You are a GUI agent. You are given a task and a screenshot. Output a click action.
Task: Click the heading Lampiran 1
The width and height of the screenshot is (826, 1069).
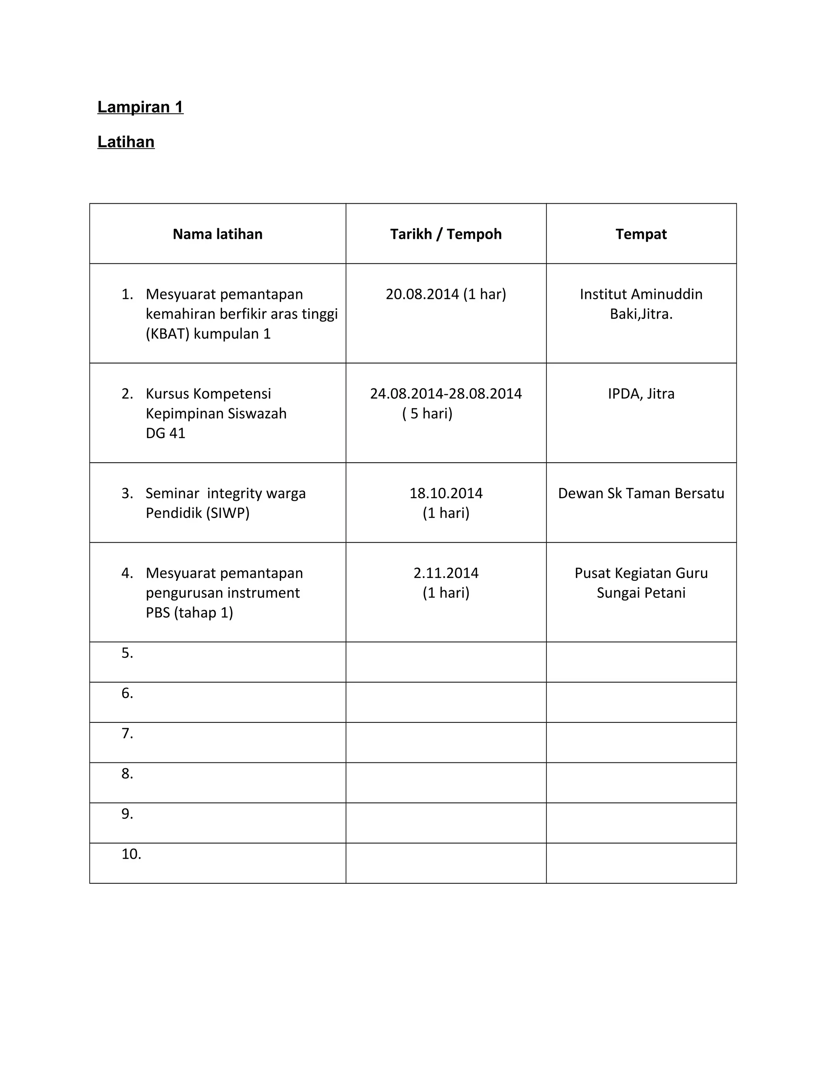140,107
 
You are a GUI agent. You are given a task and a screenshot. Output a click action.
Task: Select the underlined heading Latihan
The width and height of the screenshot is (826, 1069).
126,142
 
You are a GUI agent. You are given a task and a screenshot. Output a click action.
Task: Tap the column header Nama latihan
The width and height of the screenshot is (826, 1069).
217,234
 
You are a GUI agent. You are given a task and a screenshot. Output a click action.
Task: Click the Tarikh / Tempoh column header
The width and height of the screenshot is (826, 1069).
446,234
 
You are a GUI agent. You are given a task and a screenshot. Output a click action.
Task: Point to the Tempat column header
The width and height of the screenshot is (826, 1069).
641,234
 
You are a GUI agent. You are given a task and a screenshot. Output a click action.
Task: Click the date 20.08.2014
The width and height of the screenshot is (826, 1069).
422,294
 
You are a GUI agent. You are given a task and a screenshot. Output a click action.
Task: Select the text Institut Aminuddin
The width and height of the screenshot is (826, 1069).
641,294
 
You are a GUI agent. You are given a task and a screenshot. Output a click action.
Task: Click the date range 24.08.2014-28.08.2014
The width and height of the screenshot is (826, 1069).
446,394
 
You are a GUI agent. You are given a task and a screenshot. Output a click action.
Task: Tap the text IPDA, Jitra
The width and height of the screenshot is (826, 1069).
641,394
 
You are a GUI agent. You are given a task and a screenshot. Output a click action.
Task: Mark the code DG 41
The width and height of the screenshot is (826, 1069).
165,433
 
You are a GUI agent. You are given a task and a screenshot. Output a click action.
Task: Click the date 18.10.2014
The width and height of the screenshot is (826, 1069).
446,493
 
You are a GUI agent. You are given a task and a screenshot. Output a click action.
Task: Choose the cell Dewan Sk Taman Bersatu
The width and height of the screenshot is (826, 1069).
641,493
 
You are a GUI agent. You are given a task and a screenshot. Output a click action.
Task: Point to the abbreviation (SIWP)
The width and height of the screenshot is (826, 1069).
227,513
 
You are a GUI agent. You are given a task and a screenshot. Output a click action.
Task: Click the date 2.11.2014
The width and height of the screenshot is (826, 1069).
446,573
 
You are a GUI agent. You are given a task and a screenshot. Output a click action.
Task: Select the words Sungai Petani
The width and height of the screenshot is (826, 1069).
641,593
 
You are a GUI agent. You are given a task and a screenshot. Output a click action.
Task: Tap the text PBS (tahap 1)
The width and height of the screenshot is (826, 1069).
190,613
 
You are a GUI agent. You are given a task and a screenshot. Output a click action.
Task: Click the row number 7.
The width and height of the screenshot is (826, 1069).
127,733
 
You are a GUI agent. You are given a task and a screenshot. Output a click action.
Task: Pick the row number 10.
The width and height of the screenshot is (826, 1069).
131,854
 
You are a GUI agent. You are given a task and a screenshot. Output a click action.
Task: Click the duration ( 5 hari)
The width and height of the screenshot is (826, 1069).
427,413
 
